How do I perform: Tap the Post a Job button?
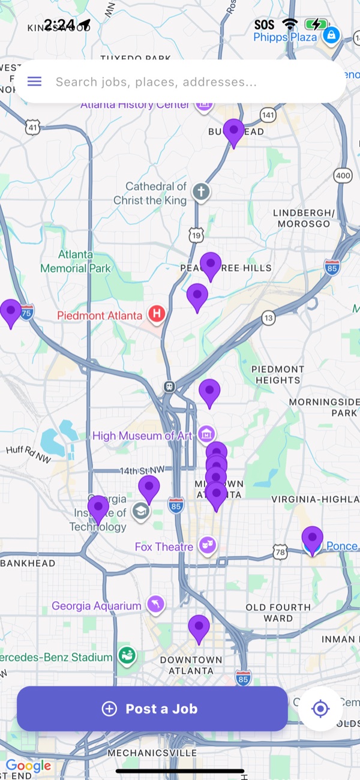pyautogui.click(x=152, y=709)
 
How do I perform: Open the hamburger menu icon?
pyautogui.click(x=35, y=82)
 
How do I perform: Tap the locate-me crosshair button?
pyautogui.click(x=320, y=709)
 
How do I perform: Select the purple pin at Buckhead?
pyautogui.click(x=233, y=131)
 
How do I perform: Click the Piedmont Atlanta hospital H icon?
pyautogui.click(x=157, y=313)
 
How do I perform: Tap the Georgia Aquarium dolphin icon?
pyautogui.click(x=155, y=605)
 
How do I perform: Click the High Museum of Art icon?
pyautogui.click(x=206, y=433)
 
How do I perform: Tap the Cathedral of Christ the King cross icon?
pyautogui.click(x=201, y=193)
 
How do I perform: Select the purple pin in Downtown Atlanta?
pyautogui.click(x=199, y=628)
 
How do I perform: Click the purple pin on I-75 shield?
pyautogui.click(x=11, y=312)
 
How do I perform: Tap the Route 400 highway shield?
pyautogui.click(x=343, y=176)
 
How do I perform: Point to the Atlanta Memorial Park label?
pyautogui.click(x=76, y=261)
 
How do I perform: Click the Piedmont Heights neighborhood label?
pyautogui.click(x=277, y=374)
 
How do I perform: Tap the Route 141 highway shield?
pyautogui.click(x=268, y=115)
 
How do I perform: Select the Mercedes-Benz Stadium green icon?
pyautogui.click(x=127, y=656)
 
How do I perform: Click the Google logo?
pyautogui.click(x=28, y=766)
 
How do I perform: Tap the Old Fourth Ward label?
pyautogui.click(x=278, y=613)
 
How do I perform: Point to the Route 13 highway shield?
pyautogui.click(x=268, y=317)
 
